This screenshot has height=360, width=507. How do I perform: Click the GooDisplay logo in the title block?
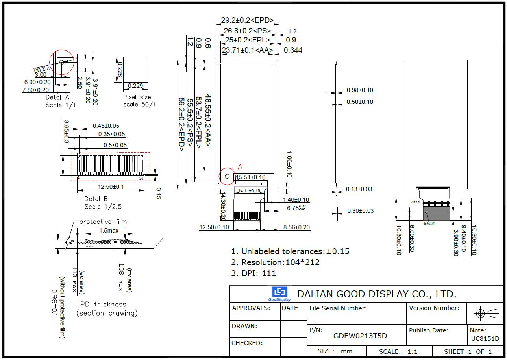pyautogui.click(x=279, y=294)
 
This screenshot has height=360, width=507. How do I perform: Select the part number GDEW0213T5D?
pyautogui.click(x=360, y=336)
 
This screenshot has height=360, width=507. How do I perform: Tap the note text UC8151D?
pyautogui.click(x=485, y=339)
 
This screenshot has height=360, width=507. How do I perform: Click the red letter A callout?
pyautogui.click(x=240, y=167)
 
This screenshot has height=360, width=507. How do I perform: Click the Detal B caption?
pyautogui.click(x=96, y=199)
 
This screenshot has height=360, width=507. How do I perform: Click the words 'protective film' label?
pyautogui.click(x=103, y=222)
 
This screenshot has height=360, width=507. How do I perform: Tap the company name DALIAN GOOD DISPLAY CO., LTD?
pyautogui.click(x=377, y=294)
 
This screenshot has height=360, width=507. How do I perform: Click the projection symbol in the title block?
pyautogui.click(x=485, y=314)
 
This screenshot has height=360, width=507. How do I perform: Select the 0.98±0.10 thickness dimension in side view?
pyautogui.click(x=360, y=90)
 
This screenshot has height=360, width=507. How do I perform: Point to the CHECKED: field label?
pyautogui.click(x=247, y=343)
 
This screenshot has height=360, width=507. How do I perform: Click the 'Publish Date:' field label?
pyautogui.click(x=429, y=330)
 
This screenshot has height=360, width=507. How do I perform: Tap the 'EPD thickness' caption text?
pyautogui.click(x=101, y=304)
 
